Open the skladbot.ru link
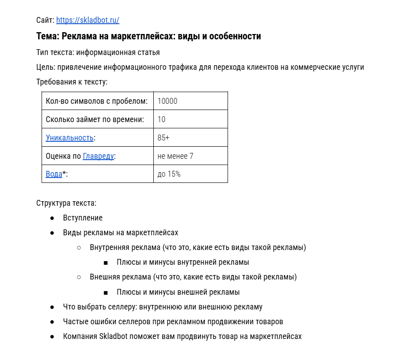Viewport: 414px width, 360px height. (x=88, y=20)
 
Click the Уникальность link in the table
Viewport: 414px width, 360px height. (x=69, y=138)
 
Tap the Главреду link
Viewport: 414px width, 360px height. (x=98, y=156)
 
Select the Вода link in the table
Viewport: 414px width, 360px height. (x=54, y=174)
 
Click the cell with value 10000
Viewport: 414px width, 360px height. (x=167, y=101)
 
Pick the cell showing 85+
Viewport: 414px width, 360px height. (x=163, y=138)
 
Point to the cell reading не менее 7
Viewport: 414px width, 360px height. (x=175, y=156)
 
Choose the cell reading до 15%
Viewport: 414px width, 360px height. (x=169, y=174)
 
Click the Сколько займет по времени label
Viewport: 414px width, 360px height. (x=95, y=119)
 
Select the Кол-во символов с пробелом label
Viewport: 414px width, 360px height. (x=97, y=101)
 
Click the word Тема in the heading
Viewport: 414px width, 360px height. (x=46, y=36)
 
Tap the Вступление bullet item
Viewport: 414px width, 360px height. (x=83, y=218)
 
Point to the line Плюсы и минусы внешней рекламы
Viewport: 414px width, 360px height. (x=178, y=292)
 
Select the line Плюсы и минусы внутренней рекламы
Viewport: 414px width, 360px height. (x=182, y=262)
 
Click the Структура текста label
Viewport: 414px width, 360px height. (x=66, y=203)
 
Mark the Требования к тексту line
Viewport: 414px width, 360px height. (x=72, y=82)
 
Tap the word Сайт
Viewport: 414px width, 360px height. (x=45, y=20)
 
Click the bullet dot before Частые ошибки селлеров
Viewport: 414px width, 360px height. (x=52, y=322)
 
